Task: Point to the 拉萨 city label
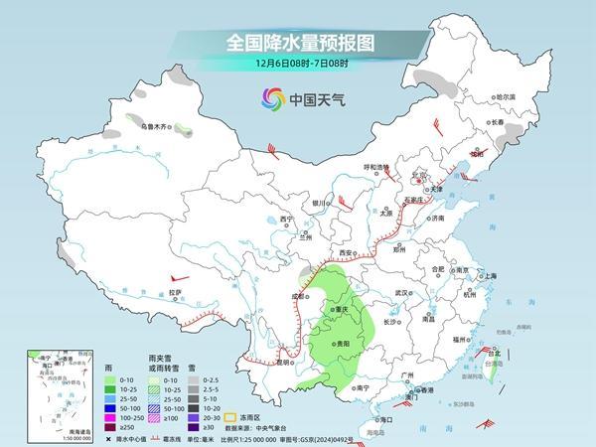coord(175,292)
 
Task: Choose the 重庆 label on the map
coord(343,309)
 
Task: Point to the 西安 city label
coord(346,254)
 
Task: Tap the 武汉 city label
coord(402,294)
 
